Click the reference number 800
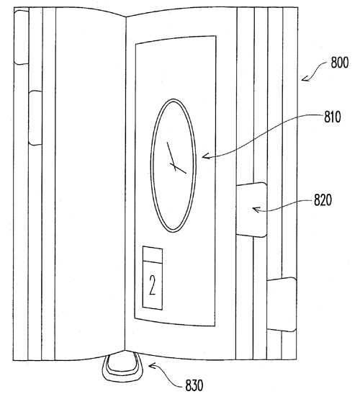coord(340,63)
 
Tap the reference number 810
coord(333,117)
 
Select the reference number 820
coord(323,200)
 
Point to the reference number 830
coord(194,385)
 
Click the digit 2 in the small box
coord(152,285)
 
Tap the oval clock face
coord(173,166)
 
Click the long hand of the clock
coord(171,156)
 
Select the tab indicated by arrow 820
coord(251,210)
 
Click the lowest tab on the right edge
coord(282,304)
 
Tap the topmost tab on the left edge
coord(22,37)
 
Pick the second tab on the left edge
coord(35,118)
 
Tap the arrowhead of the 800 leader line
coord(305,79)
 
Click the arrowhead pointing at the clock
coord(205,156)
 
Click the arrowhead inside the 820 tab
coord(256,209)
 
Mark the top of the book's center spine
coord(125,17)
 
